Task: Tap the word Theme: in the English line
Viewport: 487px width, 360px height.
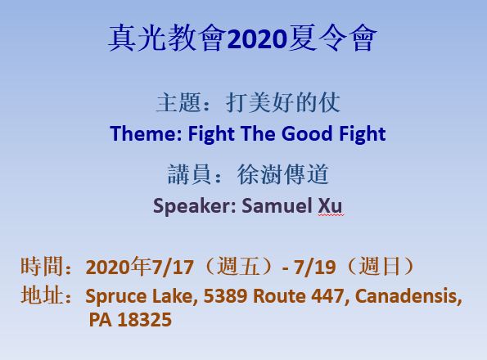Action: [146, 133]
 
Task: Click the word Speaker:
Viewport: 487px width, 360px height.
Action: [195, 206]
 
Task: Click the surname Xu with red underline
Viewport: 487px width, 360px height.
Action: [330, 205]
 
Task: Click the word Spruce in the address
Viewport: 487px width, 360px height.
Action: [116, 297]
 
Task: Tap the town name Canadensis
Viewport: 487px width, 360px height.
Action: [406, 296]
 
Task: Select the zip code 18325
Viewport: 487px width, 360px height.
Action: [145, 320]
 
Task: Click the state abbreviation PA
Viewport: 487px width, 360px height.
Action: [100, 320]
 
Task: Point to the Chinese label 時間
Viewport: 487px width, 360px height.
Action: [41, 266]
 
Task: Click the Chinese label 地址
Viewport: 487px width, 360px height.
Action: [41, 295]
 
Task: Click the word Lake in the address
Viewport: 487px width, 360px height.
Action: [175, 296]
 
